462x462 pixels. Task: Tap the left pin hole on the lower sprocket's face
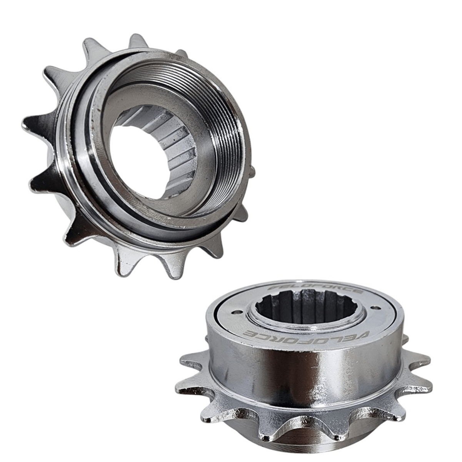point(237,312)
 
